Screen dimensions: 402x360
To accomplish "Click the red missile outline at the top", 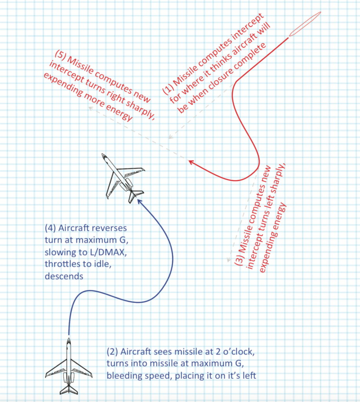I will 305,24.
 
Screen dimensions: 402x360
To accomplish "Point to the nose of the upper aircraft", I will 104,156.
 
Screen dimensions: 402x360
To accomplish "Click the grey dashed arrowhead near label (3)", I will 228,260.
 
